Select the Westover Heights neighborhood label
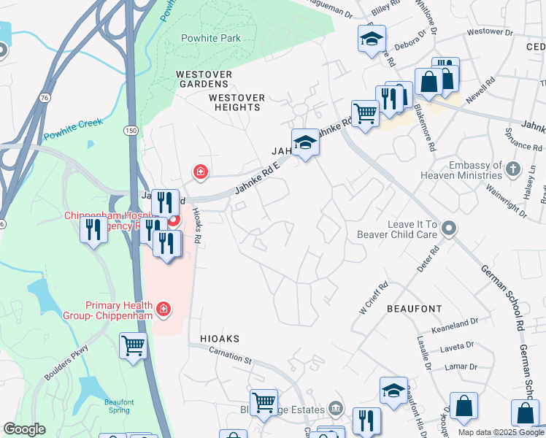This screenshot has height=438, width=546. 234,102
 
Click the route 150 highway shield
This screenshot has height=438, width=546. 131,130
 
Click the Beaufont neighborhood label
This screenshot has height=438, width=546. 415,309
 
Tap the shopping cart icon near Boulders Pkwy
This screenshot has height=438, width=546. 134,345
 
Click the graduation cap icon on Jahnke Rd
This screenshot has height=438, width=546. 305,142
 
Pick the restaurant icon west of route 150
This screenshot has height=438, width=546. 93,230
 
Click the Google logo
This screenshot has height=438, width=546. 24,429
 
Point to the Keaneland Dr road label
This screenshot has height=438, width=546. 455,321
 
